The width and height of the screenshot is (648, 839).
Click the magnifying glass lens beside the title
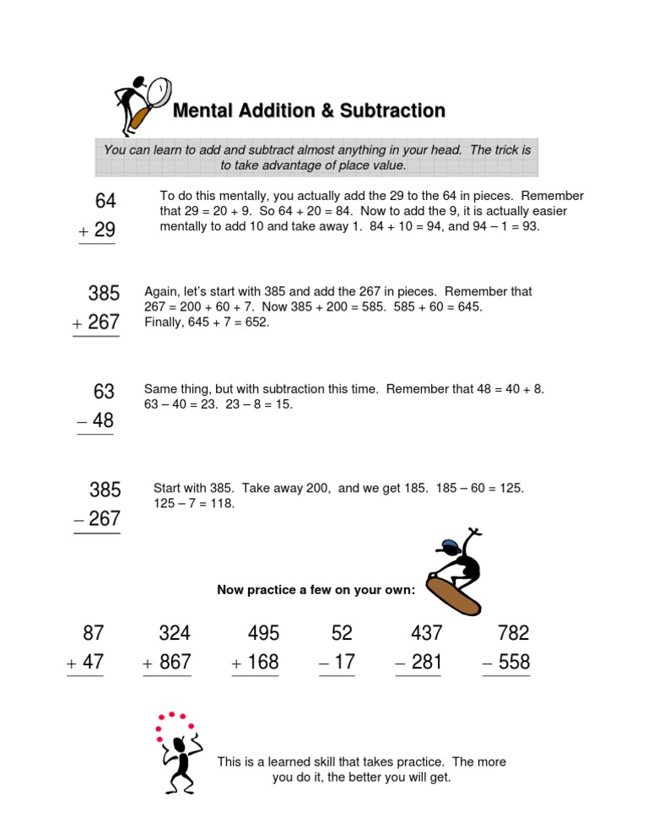coord(158,89)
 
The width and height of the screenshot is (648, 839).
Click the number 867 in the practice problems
coord(175,663)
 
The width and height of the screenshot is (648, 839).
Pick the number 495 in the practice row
coord(263,633)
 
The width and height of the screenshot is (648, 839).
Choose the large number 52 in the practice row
coord(342,633)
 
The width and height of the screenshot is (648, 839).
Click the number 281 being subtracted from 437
coord(426,663)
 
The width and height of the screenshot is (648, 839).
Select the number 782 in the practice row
coord(514,633)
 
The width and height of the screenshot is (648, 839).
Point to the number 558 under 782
coord(514,663)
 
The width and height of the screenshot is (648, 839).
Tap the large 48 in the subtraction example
coord(103,420)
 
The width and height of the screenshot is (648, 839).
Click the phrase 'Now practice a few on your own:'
coord(316,590)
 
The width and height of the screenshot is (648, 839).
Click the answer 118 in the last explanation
coord(219,504)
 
